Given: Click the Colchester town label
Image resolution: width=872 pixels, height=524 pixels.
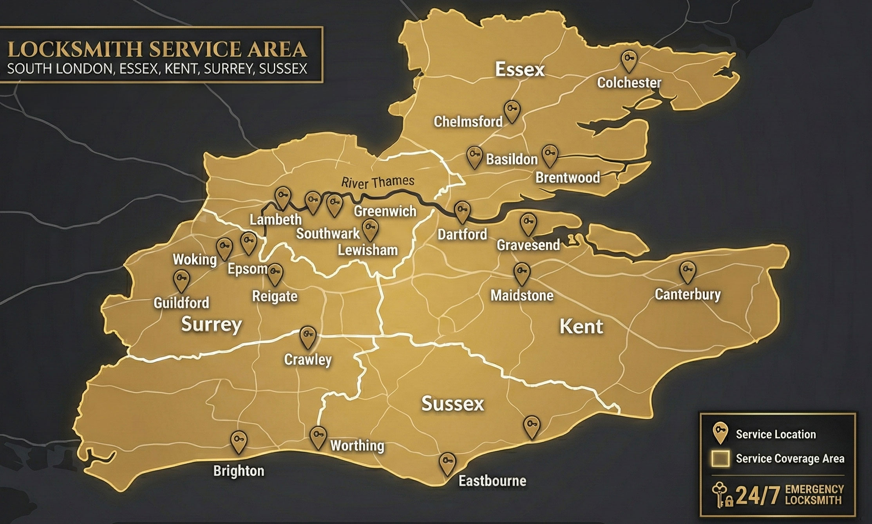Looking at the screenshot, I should point(629,83).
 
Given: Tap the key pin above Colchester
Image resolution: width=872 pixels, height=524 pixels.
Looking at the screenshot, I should point(629,61).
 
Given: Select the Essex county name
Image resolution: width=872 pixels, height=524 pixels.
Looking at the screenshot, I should point(520,70).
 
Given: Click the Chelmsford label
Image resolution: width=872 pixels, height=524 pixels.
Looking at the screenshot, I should point(468,121).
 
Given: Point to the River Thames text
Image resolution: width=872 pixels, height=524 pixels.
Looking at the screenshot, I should point(378,181).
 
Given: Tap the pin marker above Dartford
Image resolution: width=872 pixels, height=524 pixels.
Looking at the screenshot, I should point(462,211).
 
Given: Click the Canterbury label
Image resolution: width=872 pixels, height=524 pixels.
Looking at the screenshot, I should point(687,294).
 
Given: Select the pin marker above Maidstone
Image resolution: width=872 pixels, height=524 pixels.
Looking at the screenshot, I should point(522,273).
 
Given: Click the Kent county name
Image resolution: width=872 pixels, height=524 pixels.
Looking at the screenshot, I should point(581,326).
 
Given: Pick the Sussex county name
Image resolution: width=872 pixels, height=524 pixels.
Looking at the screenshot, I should point(453,404).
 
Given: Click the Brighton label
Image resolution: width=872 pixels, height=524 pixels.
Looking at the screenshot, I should point(239,470).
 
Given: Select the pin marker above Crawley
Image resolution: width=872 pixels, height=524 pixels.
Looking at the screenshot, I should point(308,337).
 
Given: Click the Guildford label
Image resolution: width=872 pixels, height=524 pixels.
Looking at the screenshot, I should point(181,302).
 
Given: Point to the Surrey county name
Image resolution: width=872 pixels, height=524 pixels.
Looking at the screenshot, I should point(212,325).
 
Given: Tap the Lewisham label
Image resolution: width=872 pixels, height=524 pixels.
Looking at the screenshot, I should point(367,250).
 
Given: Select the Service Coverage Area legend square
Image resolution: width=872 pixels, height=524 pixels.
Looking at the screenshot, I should point(720,459).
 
